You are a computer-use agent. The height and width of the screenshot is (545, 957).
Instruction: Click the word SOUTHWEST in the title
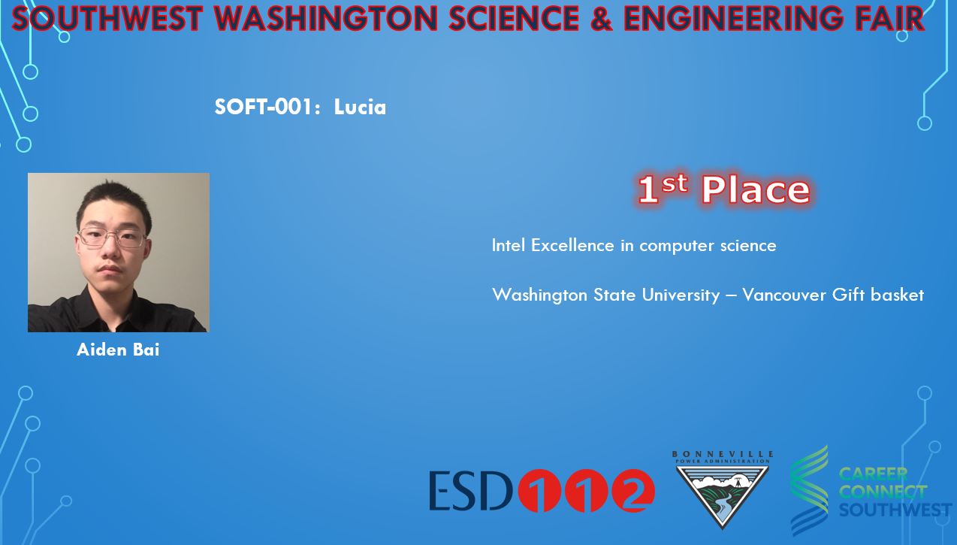tap(107, 18)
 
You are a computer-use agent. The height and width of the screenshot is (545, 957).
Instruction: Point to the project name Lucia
tap(360, 107)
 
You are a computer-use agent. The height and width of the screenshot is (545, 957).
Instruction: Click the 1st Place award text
tap(724, 189)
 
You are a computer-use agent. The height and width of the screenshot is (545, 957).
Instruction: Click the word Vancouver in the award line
tap(784, 295)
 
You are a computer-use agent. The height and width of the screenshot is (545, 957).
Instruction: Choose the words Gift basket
tap(878, 295)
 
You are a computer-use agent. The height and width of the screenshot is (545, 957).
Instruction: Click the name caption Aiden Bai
tap(118, 350)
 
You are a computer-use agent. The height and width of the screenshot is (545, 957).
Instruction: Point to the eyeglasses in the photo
tap(112, 238)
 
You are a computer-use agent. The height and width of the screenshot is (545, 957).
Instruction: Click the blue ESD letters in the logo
tap(470, 491)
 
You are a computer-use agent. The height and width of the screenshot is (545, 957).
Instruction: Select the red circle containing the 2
tap(633, 491)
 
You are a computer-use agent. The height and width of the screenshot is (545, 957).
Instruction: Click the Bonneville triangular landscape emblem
tap(723, 497)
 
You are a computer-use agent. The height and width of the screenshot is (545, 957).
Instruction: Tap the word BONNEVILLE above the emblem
tap(723, 454)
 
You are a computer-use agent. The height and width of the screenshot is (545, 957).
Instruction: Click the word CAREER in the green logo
tap(873, 474)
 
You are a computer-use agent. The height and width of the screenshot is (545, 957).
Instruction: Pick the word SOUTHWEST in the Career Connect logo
tap(895, 510)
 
